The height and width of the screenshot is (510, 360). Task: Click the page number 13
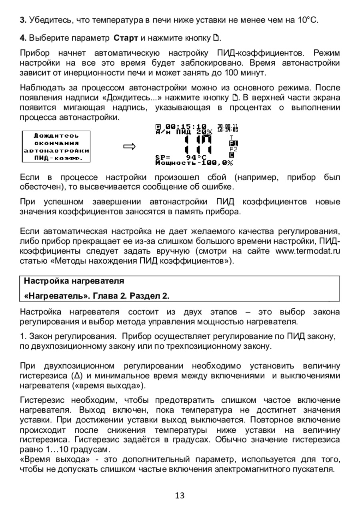click(180, 496)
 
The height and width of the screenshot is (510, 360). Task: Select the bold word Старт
click(126, 39)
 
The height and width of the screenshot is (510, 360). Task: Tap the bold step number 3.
click(22, 20)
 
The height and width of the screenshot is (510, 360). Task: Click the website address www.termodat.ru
click(308, 252)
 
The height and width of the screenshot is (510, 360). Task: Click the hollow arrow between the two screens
click(129, 147)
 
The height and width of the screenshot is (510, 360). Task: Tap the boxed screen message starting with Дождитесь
click(56, 147)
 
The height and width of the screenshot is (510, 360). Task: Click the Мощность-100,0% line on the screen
click(194, 163)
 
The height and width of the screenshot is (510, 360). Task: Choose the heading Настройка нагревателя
click(74, 281)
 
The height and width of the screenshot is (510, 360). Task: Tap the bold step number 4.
click(22, 39)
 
